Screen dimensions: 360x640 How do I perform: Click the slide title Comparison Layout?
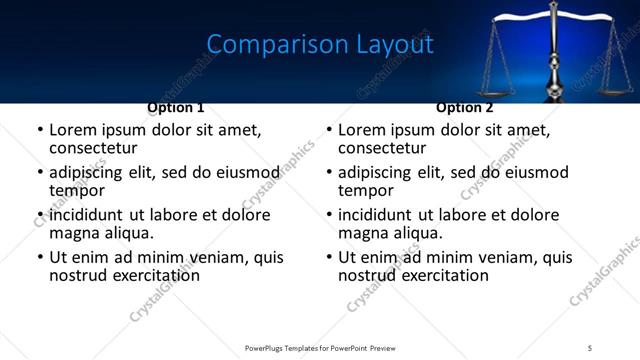click(319, 45)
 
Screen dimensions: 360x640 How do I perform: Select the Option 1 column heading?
click(176, 107)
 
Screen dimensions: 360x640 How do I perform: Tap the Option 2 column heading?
click(465, 107)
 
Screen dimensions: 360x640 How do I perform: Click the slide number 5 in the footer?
click(590, 348)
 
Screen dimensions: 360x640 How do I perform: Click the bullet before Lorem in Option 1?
click(40, 131)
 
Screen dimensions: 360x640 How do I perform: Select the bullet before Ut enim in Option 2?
click(329, 258)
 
